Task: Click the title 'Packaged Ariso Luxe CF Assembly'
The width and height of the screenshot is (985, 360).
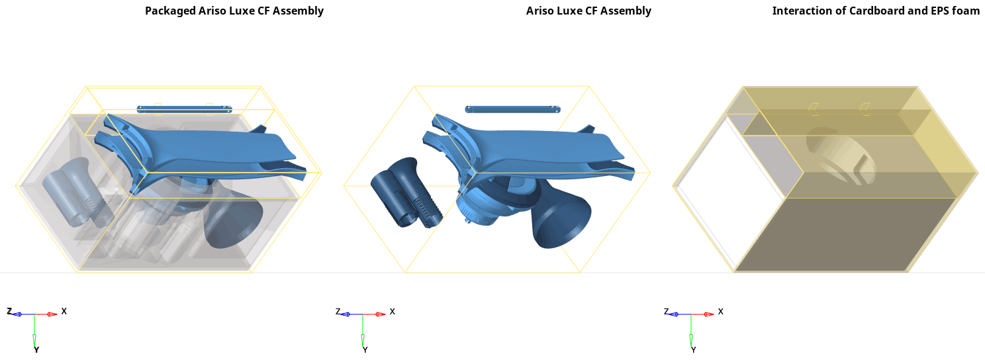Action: point(234,11)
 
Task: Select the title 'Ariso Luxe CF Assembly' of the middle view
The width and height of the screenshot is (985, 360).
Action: point(588,11)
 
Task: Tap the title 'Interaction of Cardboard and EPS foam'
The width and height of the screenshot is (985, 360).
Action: point(876,11)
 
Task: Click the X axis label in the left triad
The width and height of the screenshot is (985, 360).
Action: point(64,311)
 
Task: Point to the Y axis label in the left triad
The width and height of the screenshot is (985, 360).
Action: point(36,350)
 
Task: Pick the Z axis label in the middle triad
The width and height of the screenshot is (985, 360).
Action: point(338,311)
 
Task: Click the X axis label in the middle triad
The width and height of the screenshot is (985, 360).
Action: point(393,311)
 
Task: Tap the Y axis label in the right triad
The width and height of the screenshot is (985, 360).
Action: point(694,350)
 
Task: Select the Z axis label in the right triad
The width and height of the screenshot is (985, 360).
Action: point(666,311)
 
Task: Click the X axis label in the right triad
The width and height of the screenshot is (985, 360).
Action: point(721,311)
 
